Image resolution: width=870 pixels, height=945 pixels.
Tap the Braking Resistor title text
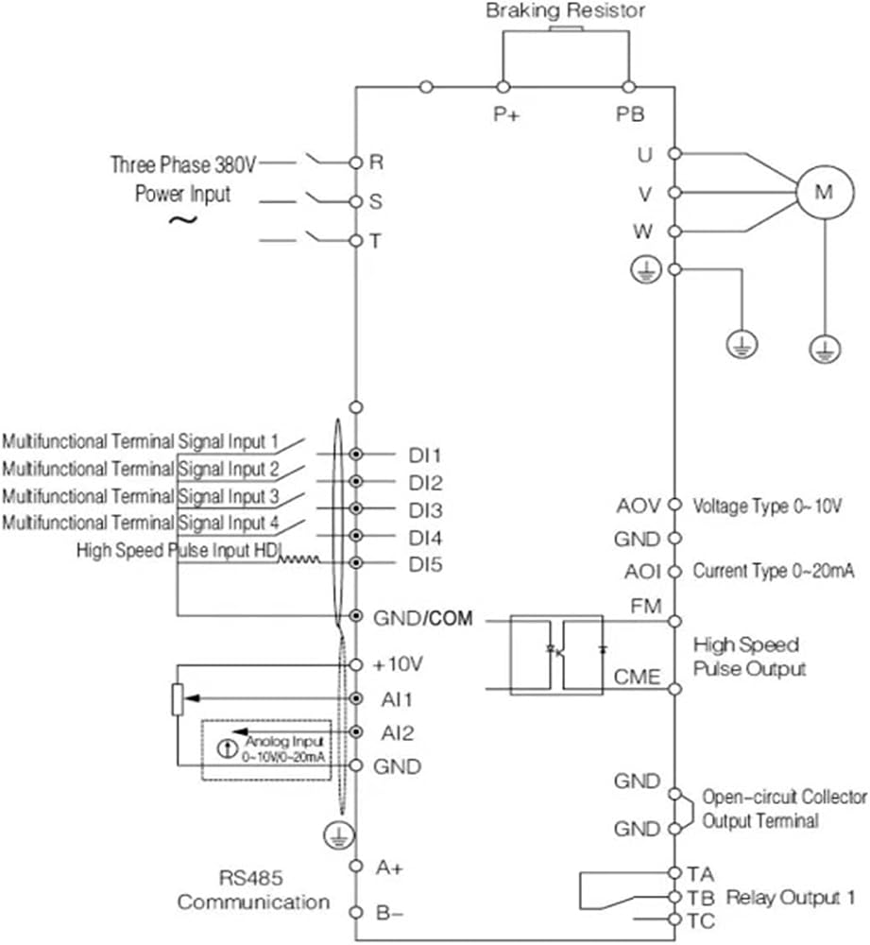(565, 10)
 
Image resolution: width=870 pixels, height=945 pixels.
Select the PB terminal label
(630, 114)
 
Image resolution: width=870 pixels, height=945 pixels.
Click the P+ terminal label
(506, 114)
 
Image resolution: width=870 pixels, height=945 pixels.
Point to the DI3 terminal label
(425, 510)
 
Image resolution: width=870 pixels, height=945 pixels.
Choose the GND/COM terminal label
(423, 618)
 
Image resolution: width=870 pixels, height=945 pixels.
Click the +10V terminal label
(399, 664)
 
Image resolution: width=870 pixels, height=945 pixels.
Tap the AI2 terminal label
(397, 733)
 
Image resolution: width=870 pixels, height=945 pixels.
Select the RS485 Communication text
(253, 889)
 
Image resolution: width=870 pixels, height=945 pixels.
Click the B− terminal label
(389, 913)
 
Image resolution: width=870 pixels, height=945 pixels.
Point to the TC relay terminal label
(701, 920)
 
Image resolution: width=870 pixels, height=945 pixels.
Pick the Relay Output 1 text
(791, 898)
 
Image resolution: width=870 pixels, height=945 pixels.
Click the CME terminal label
(637, 677)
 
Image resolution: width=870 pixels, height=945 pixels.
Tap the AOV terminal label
(639, 506)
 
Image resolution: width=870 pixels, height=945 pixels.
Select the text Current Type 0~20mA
(774, 570)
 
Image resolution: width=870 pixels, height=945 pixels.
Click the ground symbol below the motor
(825, 350)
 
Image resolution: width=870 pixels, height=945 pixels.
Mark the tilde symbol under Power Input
(182, 220)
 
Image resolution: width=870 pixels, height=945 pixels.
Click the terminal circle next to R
(356, 163)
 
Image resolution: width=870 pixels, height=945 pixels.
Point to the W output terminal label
(643, 231)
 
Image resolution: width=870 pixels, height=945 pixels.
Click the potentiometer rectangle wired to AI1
(178, 699)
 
